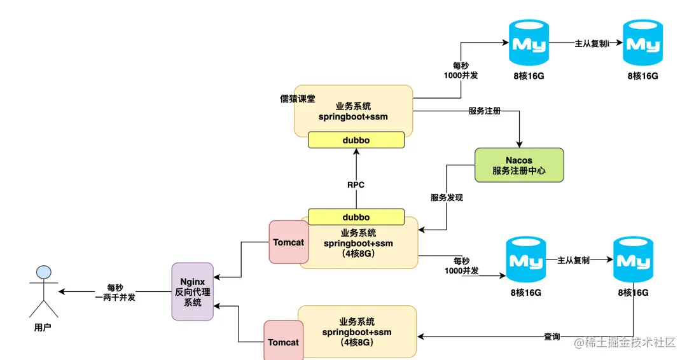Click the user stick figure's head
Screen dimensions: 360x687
[x=43, y=272]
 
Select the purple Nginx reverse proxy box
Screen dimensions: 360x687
[x=192, y=291]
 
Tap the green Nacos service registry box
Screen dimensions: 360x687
[x=519, y=165]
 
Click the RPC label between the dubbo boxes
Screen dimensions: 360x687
[x=356, y=185]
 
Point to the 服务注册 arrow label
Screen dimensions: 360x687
[x=485, y=111]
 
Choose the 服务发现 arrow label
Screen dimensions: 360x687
[x=447, y=198]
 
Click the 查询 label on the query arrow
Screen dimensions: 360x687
[x=552, y=336]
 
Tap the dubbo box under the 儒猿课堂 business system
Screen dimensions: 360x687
[x=356, y=140]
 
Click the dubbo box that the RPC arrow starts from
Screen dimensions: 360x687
[x=356, y=217]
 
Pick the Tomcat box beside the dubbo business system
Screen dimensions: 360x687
[x=288, y=242]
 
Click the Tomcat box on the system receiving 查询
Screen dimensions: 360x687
[x=283, y=342]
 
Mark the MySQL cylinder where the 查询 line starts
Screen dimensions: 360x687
[x=634, y=261]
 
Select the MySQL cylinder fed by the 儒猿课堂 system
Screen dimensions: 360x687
[x=529, y=43]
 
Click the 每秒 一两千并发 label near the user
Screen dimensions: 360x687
[x=115, y=292]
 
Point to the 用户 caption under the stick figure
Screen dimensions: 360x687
[x=43, y=328]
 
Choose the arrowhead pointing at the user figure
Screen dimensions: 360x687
[x=62, y=292]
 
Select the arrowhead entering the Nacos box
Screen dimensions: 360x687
[x=520, y=144]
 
